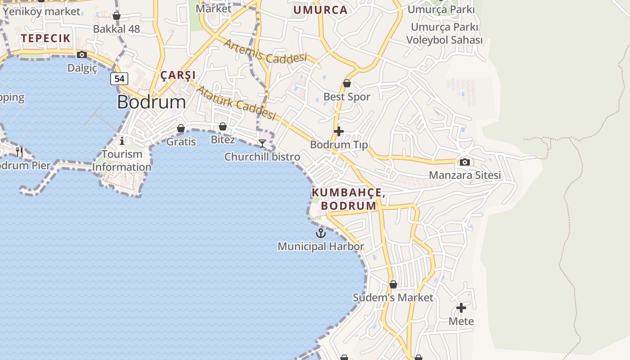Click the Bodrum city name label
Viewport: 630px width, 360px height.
point(151,102)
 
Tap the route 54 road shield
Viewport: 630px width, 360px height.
point(119,79)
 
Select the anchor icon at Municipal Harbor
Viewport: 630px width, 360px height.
point(320,233)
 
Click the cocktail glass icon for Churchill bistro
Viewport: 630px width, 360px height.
point(262,144)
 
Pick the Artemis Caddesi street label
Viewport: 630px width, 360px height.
point(265,51)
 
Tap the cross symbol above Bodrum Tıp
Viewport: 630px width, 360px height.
point(339,131)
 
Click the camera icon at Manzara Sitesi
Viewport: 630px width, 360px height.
point(465,162)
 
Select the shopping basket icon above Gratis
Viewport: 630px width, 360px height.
point(181,129)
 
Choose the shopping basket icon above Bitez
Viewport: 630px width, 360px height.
point(223,126)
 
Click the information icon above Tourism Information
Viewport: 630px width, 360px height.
point(122,141)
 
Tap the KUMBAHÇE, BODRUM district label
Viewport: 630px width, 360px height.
point(348,199)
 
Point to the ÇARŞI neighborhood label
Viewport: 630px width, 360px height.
point(178,75)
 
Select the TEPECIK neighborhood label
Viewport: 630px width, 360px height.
point(46,38)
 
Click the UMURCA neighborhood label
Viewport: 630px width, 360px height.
point(320,10)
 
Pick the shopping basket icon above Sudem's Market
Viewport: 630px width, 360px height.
point(393,284)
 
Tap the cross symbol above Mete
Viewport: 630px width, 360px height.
point(461,308)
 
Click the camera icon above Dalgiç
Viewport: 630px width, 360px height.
point(82,55)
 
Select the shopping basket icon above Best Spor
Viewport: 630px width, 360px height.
point(347,83)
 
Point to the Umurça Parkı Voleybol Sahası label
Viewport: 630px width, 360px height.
point(445,33)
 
